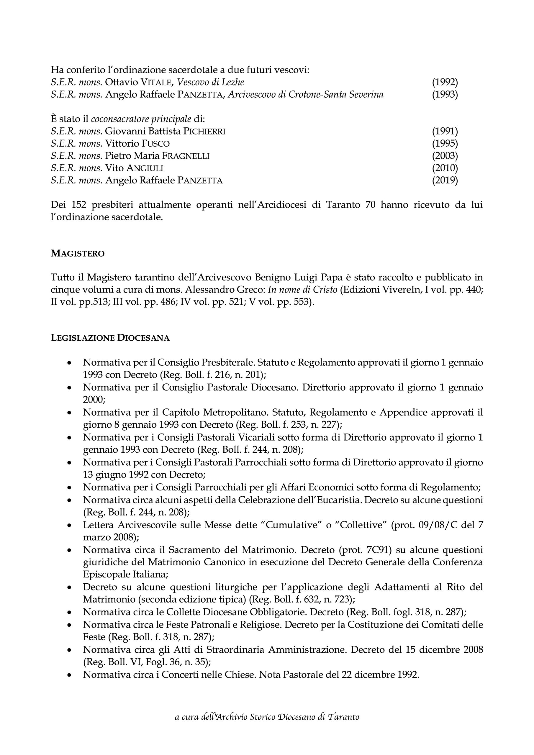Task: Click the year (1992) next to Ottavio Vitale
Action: pos(445,82)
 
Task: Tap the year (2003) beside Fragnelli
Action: pos(445,156)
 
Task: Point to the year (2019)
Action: pos(445,180)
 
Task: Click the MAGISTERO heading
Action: pos(78,254)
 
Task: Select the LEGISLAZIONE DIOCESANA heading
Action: pos(110,338)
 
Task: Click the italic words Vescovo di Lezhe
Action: pos(211,82)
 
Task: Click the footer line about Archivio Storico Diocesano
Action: pos(267,717)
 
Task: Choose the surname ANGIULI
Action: pos(145,168)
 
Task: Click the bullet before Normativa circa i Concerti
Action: pos(69,675)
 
